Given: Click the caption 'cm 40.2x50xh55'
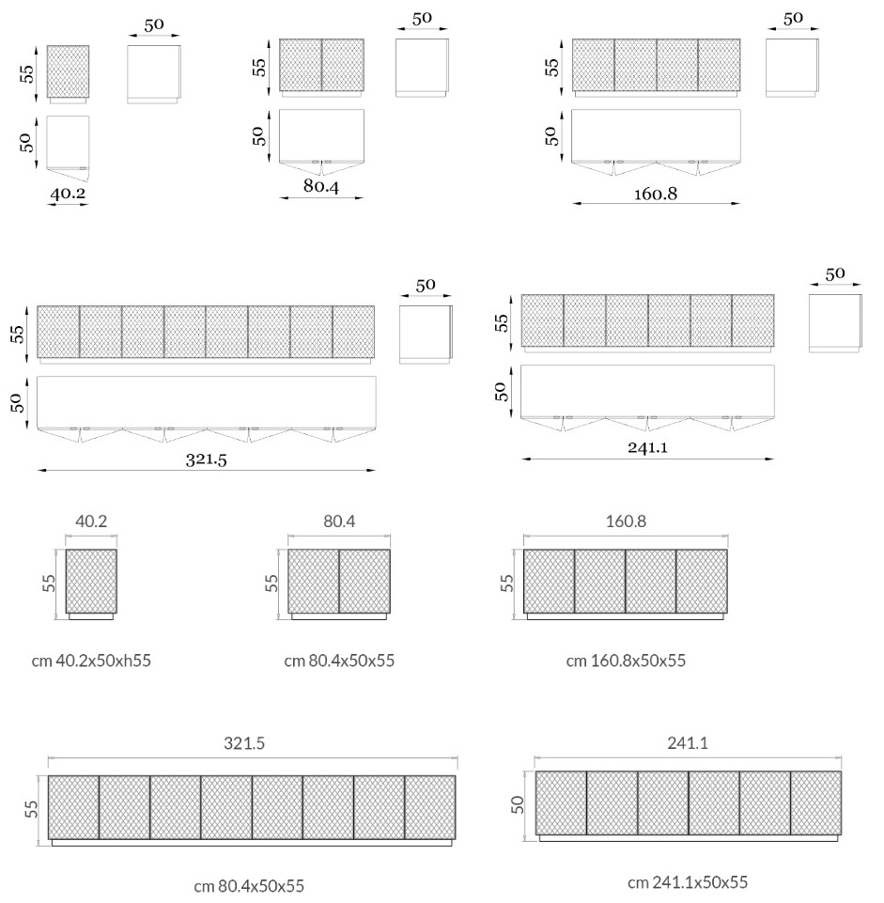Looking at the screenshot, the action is pos(91,660).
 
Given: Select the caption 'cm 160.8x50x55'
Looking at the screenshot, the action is pos(626,660).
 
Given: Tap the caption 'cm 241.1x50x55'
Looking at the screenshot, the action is pos(688,881).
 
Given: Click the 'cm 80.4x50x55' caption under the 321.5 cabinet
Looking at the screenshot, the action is pos(249,886).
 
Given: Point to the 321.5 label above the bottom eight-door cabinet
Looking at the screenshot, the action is pos(244,743).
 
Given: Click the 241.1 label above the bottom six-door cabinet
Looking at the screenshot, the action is pos(688,742).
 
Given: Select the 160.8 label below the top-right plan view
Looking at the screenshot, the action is pos(656,195).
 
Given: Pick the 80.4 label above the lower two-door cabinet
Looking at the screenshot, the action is pos(339,522).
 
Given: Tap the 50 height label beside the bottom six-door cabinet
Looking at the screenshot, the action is pos(518,804).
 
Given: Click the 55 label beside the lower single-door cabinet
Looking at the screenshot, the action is pos(49,583).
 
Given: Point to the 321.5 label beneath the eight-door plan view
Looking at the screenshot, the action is pos(206,459).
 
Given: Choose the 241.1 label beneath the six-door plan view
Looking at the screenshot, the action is pos(648,447).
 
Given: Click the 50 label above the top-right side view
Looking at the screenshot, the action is pos(793,19).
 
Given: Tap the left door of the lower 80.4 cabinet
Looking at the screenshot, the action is pos(313,581).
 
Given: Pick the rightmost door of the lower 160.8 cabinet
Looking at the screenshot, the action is pos(702,581).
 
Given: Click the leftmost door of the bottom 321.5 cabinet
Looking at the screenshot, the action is pos(73,807).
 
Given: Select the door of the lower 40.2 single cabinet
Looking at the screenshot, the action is pos(91,581).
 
